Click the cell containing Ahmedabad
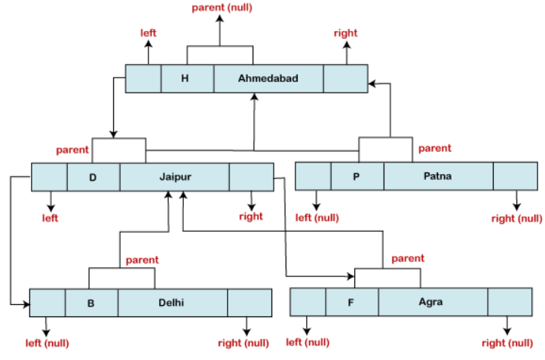[268, 78]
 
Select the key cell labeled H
[187, 78]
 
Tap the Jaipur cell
[174, 177]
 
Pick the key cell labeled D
[93, 177]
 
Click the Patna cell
[438, 176]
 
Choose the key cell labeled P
[357, 176]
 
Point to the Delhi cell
[172, 303]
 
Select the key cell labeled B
[91, 303]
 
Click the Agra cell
[432, 302]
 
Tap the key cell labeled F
[351, 302]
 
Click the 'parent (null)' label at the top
[221, 8]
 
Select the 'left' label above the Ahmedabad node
[148, 33]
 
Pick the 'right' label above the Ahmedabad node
[346, 33]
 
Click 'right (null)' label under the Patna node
[516, 218]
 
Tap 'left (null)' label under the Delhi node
[47, 343]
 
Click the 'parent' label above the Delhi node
[142, 260]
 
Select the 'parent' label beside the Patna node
[435, 148]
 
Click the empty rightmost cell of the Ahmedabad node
[345, 78]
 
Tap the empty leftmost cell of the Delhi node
[47, 303]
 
